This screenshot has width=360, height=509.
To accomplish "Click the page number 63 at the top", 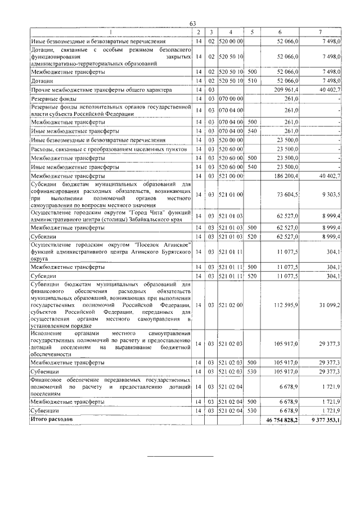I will (x=192, y=23).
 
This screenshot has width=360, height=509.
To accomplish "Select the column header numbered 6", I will (x=280, y=32).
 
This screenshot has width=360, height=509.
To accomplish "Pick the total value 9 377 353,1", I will (x=322, y=420).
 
